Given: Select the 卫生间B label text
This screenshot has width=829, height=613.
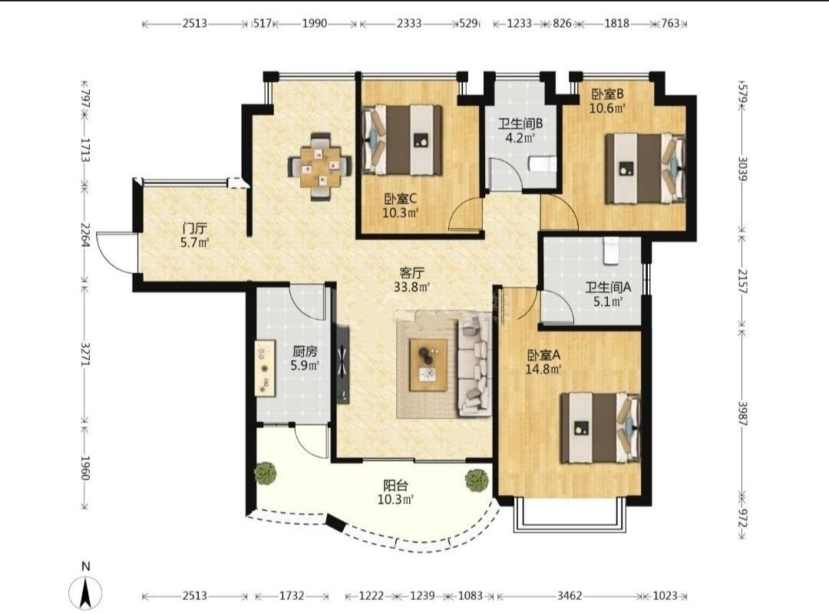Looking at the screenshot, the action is click(x=520, y=124).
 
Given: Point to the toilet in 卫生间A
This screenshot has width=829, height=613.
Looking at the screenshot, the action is click(x=611, y=249).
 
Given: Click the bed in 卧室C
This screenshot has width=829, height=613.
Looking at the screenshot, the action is click(x=401, y=140).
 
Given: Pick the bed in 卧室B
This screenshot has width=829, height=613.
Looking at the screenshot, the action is click(x=646, y=168).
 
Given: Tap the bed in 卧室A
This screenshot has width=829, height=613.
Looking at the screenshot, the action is click(x=600, y=427).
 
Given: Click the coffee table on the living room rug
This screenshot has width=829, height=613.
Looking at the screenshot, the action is click(x=428, y=364).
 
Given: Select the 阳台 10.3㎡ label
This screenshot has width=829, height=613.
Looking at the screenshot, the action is click(x=395, y=492).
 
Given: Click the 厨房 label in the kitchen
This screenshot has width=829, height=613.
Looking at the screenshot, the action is click(x=305, y=351).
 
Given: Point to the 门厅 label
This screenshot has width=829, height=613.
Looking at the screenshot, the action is click(x=194, y=229).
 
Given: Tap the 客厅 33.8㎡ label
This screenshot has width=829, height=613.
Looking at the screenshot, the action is click(x=412, y=279).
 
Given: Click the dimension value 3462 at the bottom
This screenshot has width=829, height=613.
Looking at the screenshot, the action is click(x=570, y=595).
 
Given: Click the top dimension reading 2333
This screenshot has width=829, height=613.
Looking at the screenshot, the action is click(x=409, y=23).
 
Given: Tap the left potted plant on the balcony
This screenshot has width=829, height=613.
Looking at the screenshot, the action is click(x=266, y=473).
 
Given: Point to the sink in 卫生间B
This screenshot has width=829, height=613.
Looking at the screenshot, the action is click(x=543, y=164).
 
